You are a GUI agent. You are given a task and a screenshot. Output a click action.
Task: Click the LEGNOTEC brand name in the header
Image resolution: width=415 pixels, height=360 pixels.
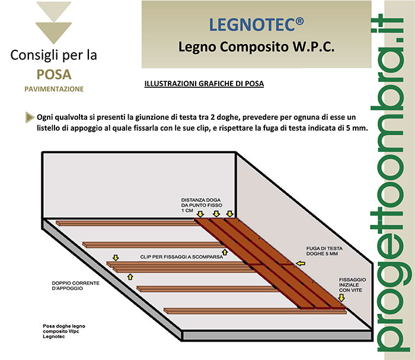pos(252,25)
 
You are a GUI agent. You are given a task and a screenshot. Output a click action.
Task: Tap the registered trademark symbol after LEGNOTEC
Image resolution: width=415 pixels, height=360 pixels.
pos(299,21)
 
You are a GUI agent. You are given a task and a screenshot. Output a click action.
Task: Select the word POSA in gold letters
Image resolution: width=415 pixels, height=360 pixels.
pos(54,74)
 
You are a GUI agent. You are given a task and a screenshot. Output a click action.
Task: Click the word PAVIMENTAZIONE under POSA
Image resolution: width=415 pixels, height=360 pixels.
pos(54,89)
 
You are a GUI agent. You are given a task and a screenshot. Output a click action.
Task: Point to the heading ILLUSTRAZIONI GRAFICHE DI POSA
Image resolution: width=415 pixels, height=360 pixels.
pos(204,84)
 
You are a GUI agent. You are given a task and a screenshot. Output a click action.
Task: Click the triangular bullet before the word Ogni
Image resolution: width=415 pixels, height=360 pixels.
pos(30,117)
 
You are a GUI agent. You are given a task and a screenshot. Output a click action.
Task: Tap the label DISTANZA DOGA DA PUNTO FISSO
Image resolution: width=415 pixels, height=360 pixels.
pos(202,205)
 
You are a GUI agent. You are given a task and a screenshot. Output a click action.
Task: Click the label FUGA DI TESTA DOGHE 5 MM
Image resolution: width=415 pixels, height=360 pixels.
pos(324,251)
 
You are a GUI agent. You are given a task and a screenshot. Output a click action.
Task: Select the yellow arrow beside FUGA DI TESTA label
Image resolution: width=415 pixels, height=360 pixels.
pos(301,263)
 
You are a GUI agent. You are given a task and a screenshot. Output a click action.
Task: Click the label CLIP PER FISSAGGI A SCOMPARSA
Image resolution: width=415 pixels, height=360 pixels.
pos(181,257)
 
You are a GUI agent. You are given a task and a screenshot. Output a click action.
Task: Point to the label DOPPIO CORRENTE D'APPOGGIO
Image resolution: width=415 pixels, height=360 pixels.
pos(76,286)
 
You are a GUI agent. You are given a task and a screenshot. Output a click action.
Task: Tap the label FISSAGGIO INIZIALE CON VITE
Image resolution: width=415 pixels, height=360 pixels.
pos(353,285)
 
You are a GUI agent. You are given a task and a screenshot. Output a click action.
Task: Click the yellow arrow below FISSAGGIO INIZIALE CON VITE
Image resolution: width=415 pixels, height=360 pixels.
pos(342,298)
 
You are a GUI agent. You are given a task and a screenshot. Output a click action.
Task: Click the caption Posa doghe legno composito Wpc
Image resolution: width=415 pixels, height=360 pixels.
pos(64,331)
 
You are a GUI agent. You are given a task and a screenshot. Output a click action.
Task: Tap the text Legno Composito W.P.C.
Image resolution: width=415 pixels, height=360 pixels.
pos(256,47)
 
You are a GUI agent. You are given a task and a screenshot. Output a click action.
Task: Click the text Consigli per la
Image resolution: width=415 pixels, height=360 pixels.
pos(54,55)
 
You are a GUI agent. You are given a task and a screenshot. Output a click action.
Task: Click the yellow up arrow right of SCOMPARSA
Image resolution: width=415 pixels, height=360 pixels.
pos(225,252)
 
